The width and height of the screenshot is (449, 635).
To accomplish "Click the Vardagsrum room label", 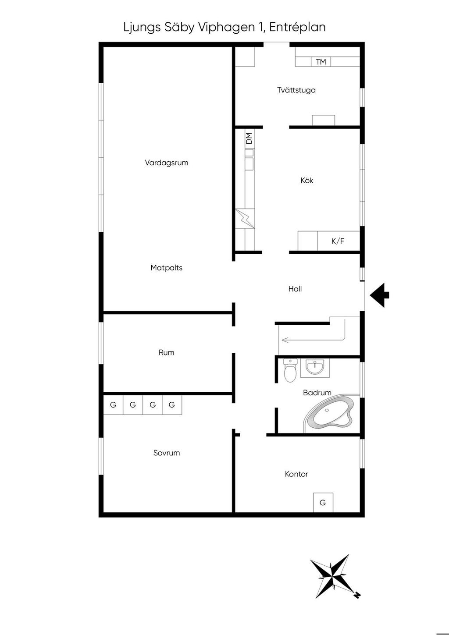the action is click(167, 163).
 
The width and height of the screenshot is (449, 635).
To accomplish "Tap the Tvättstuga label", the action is click(296, 90).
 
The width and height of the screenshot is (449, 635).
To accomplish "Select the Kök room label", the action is click(307, 180).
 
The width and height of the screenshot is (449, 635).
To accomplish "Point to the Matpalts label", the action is click(167, 268).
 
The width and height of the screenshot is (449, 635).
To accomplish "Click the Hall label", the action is click(295, 289).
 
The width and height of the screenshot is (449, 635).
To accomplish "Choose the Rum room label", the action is click(167, 352).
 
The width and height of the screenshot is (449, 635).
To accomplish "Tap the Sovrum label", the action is click(167, 453).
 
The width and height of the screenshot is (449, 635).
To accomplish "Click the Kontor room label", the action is click(296, 474).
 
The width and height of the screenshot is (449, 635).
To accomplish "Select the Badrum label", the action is click(317, 393).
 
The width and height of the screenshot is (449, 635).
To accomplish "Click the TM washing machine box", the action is click(321, 62).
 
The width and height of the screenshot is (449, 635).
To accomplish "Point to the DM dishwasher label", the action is click(249, 138).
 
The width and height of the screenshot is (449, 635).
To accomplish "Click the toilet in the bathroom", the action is click(290, 370).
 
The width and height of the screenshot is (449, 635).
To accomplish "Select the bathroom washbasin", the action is click(315, 367).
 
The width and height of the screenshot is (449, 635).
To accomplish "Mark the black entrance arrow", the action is click(379, 295).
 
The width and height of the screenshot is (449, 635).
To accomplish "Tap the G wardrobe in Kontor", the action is click(323, 503).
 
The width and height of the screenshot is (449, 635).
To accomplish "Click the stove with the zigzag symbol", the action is click(245, 219).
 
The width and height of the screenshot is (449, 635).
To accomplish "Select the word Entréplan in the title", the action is click(297, 27).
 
